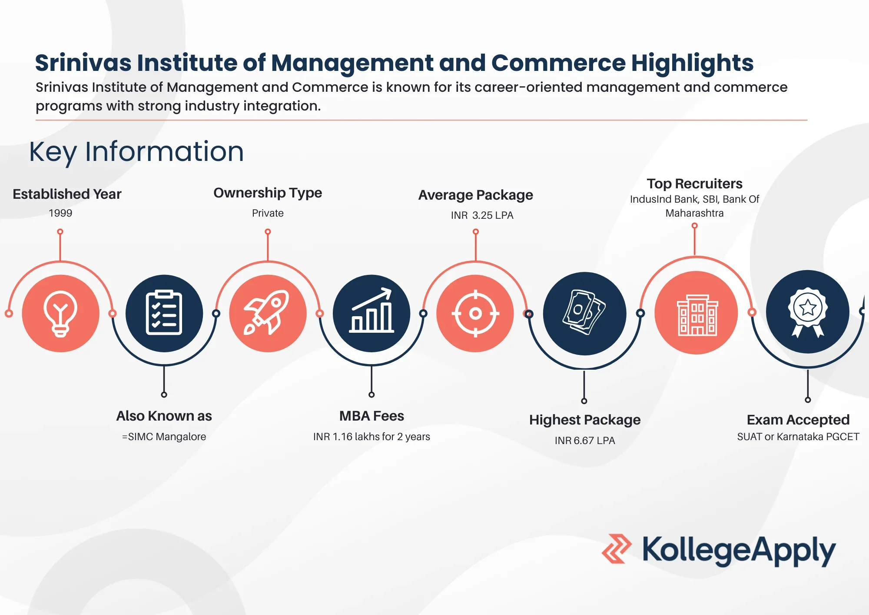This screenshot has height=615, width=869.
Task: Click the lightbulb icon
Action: point(60,313)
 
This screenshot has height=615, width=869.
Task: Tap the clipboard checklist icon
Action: point(164,312)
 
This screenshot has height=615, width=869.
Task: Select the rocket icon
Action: point(267,312)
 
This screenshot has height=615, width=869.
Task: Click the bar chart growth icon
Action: point(371,311)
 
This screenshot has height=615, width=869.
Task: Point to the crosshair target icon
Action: point(475,313)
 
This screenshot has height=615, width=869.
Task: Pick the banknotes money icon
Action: point(584,312)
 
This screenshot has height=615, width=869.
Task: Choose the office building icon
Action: point(697,315)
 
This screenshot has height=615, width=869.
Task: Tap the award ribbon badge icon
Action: point(808,312)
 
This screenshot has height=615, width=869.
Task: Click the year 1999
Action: point(60,213)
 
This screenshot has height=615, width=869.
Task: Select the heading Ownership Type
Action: point(268,193)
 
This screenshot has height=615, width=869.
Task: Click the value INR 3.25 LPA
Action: point(482,215)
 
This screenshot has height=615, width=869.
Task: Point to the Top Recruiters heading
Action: point(694,184)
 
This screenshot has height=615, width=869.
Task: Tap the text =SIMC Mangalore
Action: point(164,436)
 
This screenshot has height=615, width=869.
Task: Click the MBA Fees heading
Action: point(371,416)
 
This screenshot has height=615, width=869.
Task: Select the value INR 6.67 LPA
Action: point(585,441)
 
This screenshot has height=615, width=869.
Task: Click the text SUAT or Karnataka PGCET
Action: point(798,437)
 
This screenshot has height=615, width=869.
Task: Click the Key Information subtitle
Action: point(136,152)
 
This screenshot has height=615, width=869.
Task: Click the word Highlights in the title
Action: point(692,63)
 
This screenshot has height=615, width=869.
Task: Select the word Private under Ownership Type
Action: point(268,213)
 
